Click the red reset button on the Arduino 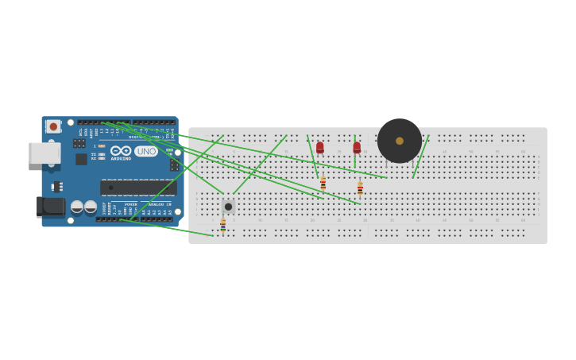point(53,126)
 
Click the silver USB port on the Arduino point(44,153)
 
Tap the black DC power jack point(52,207)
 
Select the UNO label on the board point(146,151)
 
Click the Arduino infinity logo point(121,150)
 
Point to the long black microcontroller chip point(137,188)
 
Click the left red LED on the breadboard point(320,147)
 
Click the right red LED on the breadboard point(357,147)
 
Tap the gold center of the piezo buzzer point(400,141)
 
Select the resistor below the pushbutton point(223,225)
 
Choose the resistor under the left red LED point(323,183)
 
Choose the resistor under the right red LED point(360,188)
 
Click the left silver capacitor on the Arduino point(77,207)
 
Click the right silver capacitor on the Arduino point(91,207)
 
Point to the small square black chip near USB point(81,159)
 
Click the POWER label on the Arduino point(130,204)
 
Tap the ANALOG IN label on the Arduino point(160,204)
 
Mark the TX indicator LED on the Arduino point(101,154)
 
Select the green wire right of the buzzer point(421,157)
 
